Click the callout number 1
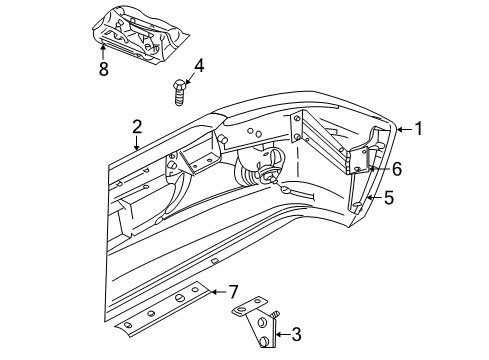419,128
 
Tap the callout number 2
137,127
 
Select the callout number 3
296,336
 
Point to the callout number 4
199,67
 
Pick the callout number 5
390,198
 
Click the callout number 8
102,69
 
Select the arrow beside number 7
216,292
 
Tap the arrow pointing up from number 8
102,49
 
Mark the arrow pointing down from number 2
137,143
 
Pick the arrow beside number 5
374,198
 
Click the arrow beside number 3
281,336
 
